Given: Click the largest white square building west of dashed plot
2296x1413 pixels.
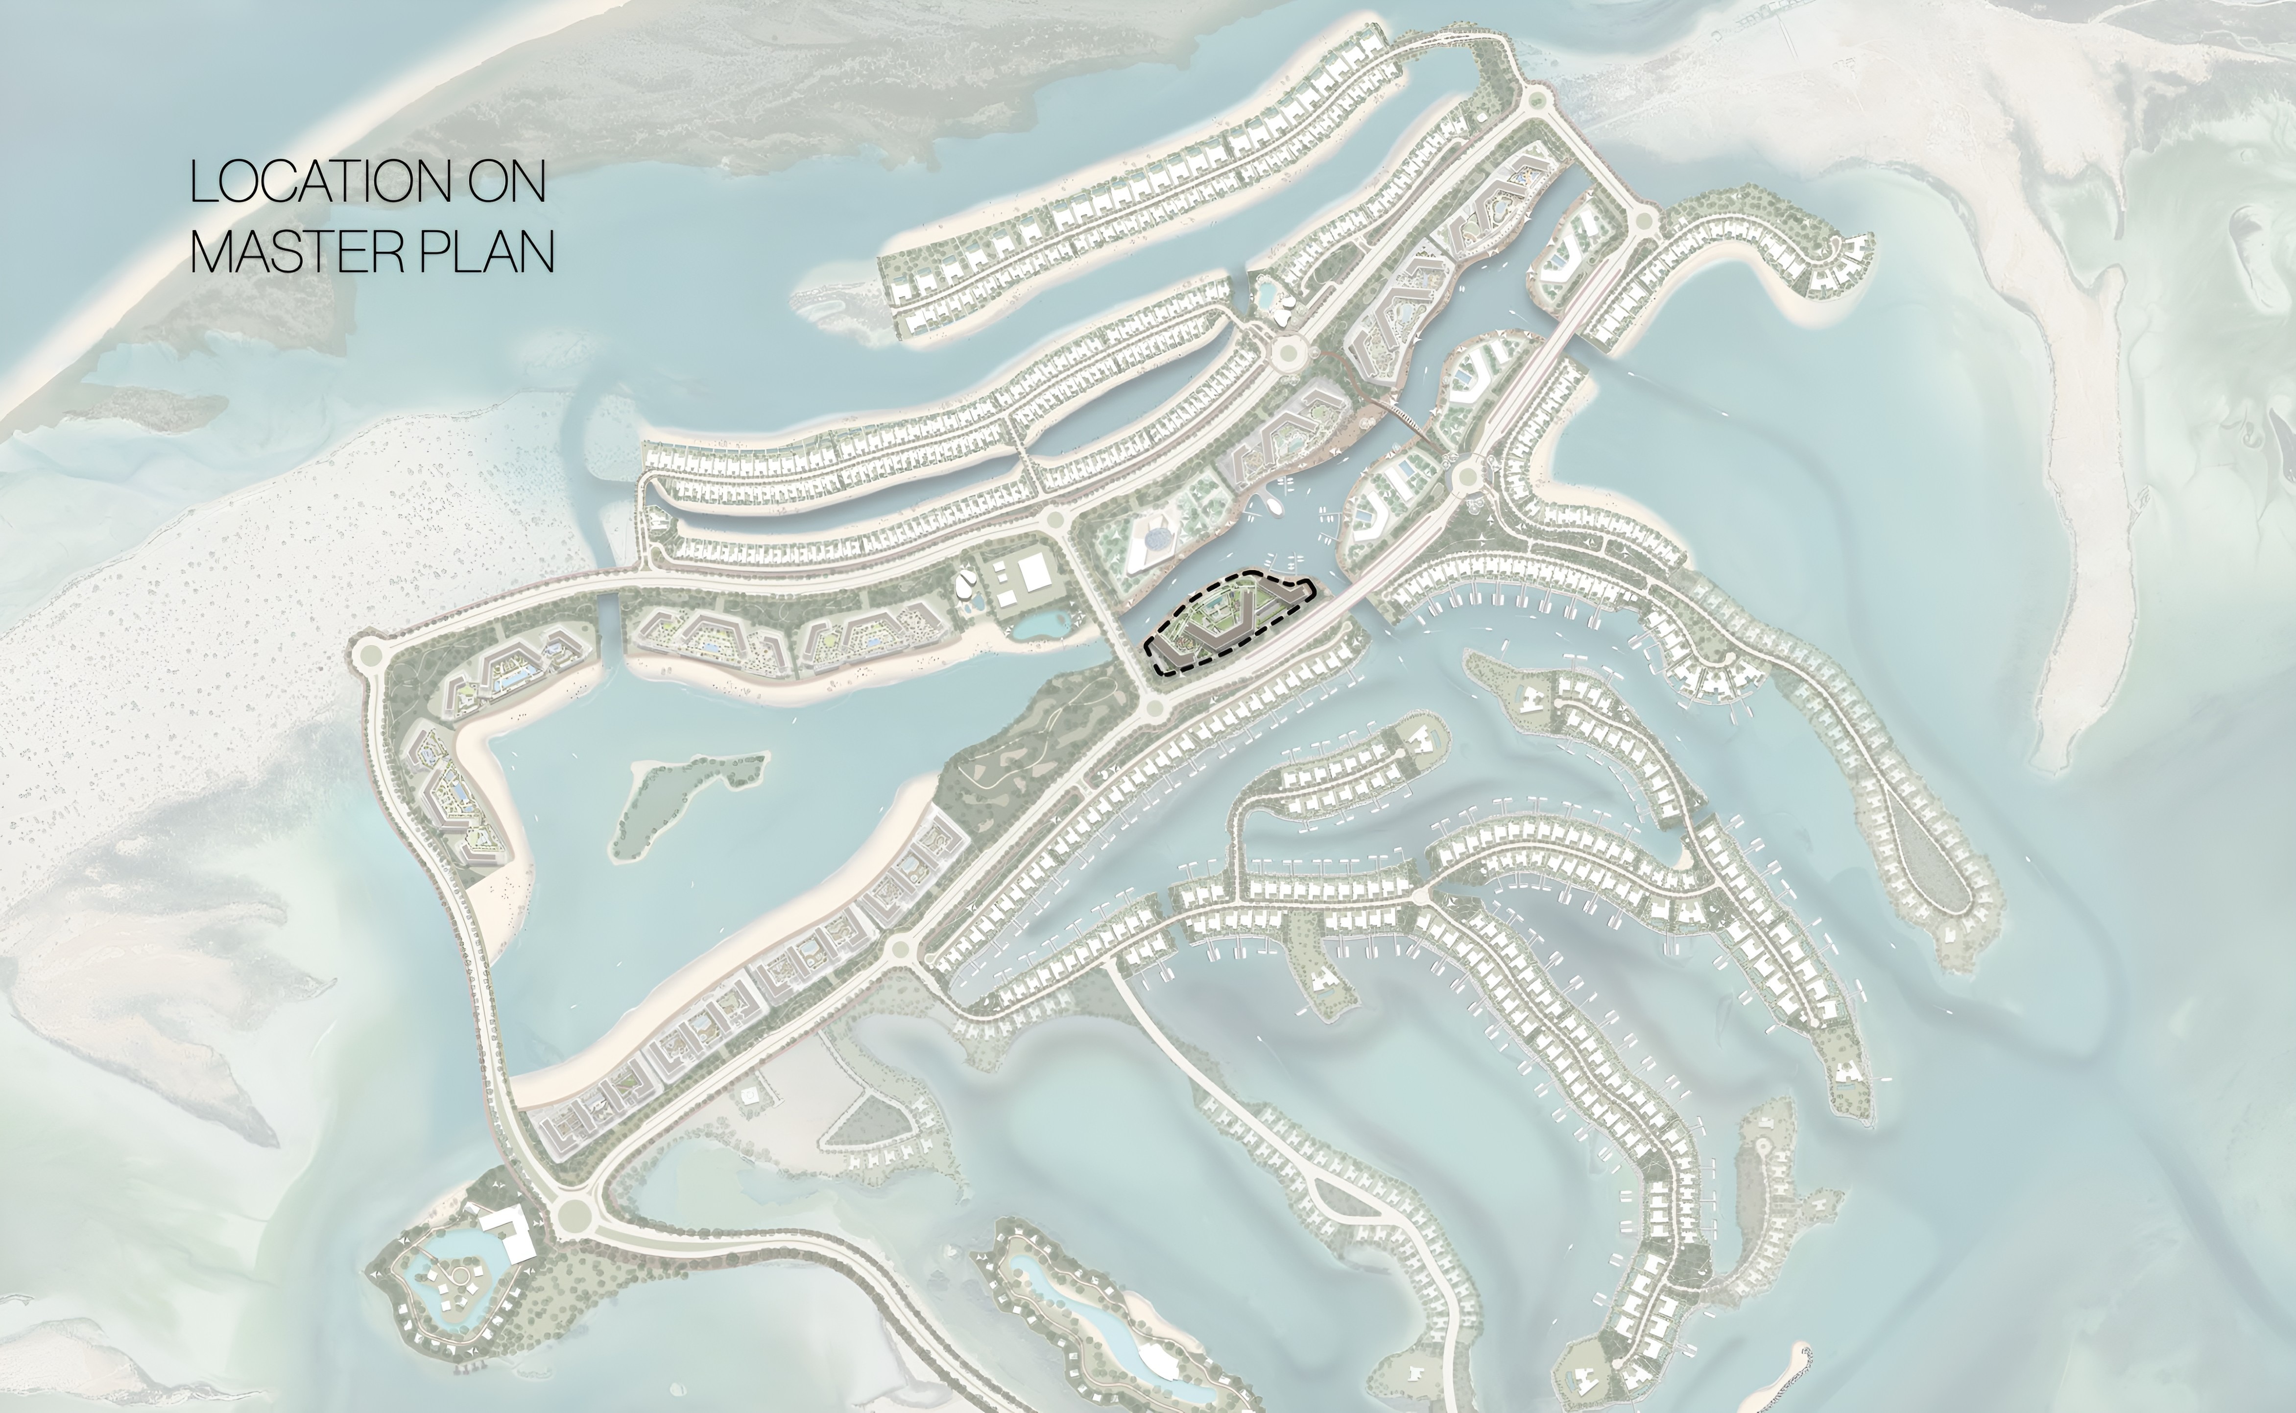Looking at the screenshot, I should (x=1035, y=572).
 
